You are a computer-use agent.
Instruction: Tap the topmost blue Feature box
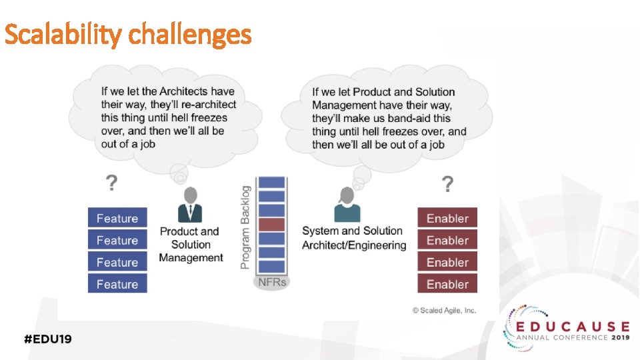tap(117, 218)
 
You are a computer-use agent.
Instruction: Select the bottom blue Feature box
tap(117, 284)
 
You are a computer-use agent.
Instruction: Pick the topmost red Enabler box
tap(447, 218)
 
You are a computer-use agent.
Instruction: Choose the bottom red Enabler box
tap(447, 284)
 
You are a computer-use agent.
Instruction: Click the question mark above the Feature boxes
tap(112, 182)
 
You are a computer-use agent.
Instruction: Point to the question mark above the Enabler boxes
tap(448, 182)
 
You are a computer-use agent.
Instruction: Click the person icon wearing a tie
tap(190, 205)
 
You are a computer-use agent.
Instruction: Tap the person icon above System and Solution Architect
tap(347, 205)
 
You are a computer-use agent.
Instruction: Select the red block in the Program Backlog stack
tap(271, 225)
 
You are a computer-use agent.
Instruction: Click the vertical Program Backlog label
tap(245, 227)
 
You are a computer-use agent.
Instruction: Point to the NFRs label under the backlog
tap(272, 282)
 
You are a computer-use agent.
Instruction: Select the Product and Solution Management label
tap(190, 245)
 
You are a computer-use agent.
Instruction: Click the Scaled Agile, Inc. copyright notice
tap(444, 310)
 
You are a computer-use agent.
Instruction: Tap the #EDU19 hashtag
tap(48, 339)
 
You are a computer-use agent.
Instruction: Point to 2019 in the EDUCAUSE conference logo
tap(619, 338)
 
